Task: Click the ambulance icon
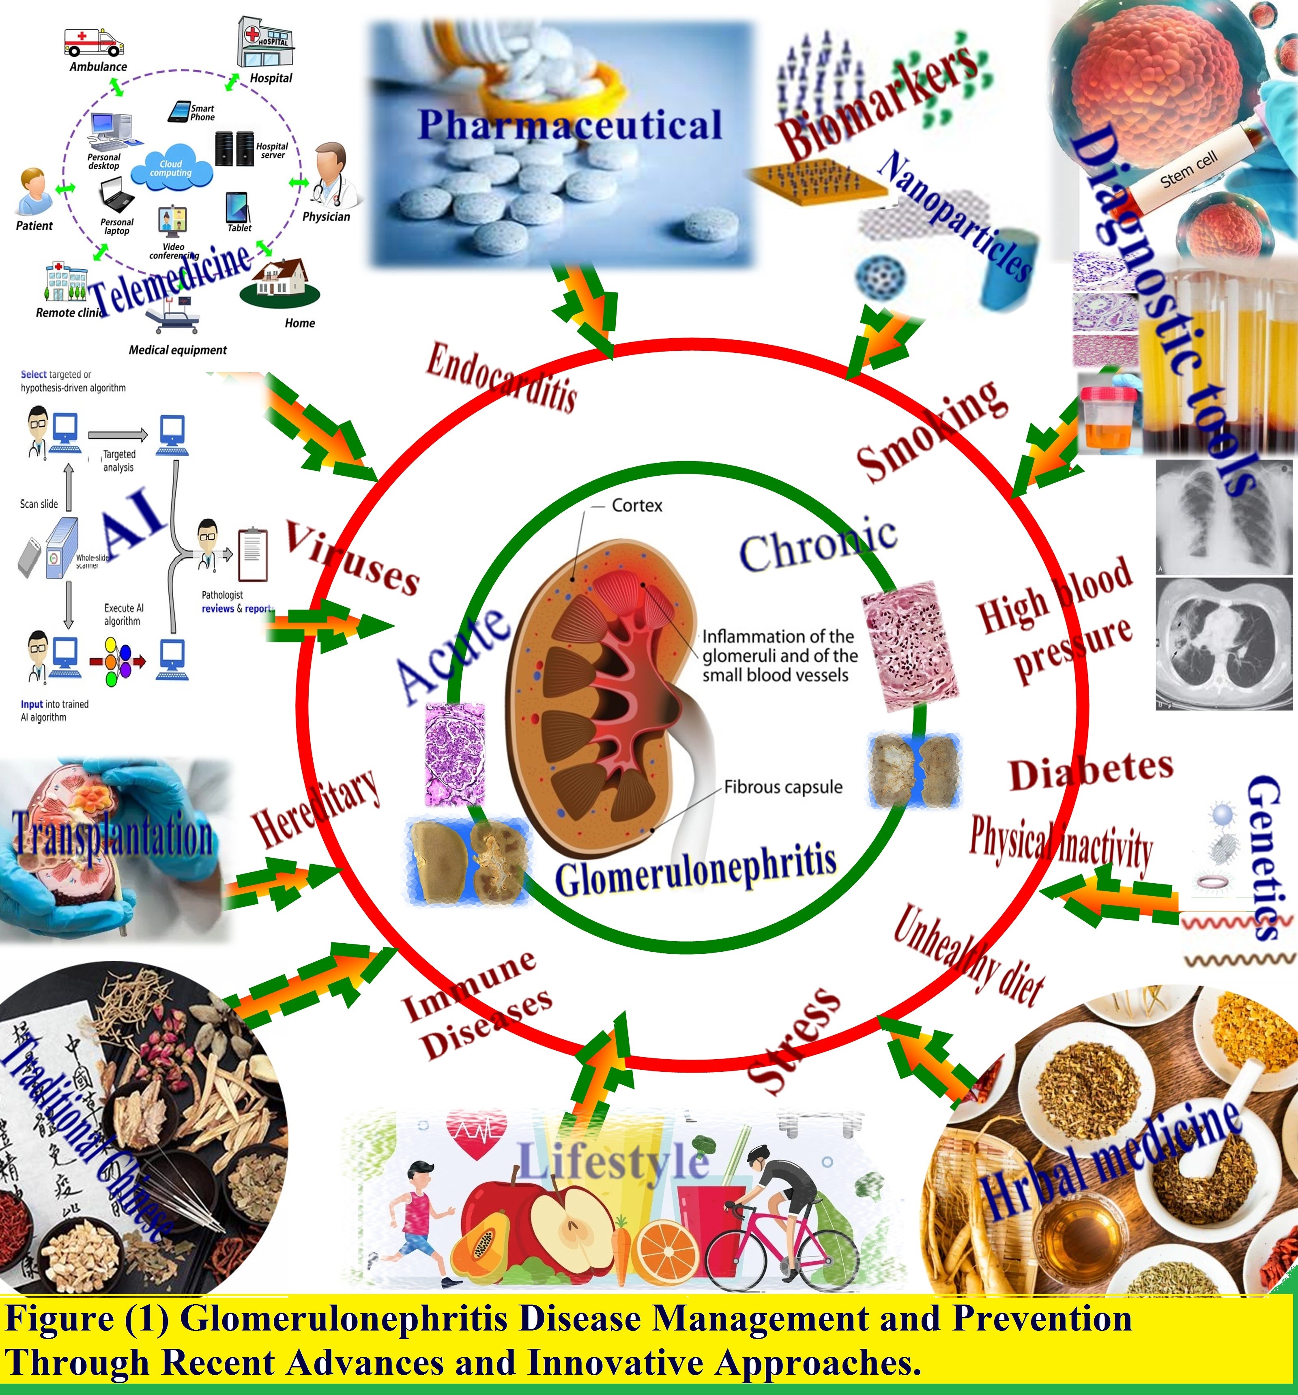pyautogui.click(x=93, y=42)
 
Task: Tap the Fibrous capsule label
pyautogui.click(x=783, y=787)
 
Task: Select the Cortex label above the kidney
pyautogui.click(x=636, y=505)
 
